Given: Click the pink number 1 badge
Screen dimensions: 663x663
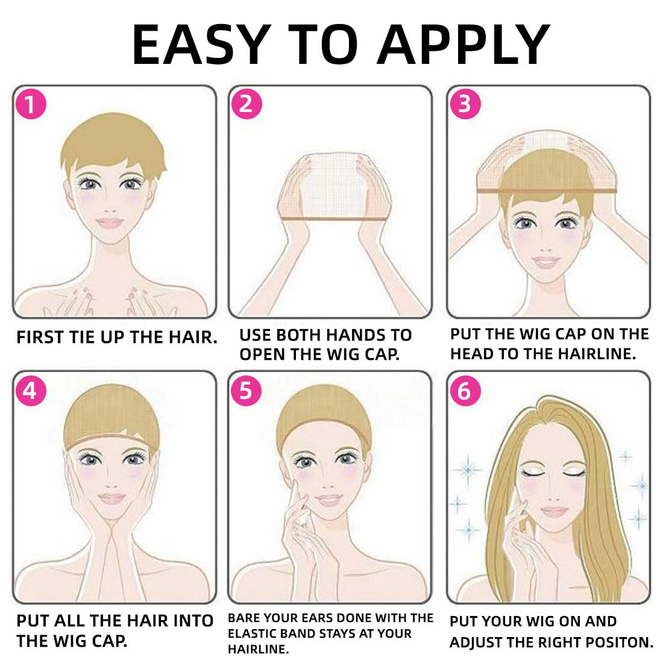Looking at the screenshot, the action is pyautogui.click(x=31, y=104).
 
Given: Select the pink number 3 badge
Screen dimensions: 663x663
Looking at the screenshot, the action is pyautogui.click(x=465, y=104).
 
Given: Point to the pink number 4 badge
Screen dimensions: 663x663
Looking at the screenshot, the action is pyautogui.click(x=31, y=391).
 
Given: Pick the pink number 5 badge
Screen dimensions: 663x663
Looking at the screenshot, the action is pyautogui.click(x=246, y=391).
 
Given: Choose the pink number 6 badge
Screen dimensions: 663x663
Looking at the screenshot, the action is pyautogui.click(x=465, y=391).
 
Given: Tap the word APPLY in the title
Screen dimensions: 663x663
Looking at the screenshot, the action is pyautogui.click(x=463, y=45).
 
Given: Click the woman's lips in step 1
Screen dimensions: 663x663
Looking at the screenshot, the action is pyautogui.click(x=110, y=222).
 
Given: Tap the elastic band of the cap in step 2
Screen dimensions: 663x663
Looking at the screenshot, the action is pyautogui.click(x=335, y=219).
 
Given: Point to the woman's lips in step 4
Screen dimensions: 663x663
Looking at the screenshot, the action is pyautogui.click(x=112, y=498).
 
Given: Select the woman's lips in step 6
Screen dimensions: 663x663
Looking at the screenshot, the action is pyautogui.click(x=555, y=511).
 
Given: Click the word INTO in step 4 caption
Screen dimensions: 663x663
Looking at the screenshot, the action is pyautogui.click(x=193, y=621).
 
